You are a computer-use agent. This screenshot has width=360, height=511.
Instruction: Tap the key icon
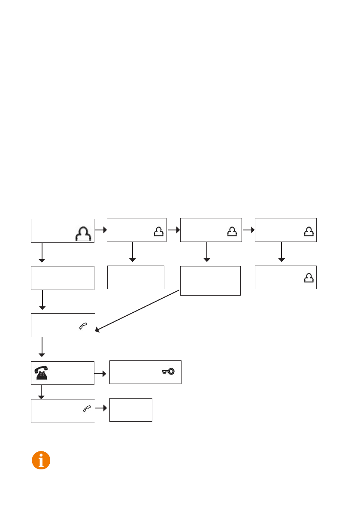pos(168,372)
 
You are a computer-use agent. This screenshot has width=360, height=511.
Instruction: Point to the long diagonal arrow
pos(137,310)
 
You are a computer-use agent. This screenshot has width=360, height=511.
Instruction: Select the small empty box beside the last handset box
pos(131,410)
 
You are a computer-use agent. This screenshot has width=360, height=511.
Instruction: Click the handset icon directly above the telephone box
pos(82,327)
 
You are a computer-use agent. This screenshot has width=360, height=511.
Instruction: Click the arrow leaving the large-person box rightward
pos(100,230)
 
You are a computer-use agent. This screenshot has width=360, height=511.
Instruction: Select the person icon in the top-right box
pos(308,232)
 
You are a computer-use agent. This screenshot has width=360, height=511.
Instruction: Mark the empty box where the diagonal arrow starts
pos(210,281)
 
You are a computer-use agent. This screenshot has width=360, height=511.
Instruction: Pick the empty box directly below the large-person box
pos(63,278)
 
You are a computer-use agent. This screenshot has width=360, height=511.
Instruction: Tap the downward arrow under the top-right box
pos(281,252)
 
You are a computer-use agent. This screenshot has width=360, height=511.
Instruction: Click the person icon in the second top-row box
pos(158,232)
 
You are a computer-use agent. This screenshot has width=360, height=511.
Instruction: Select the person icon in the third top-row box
pos(232,232)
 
